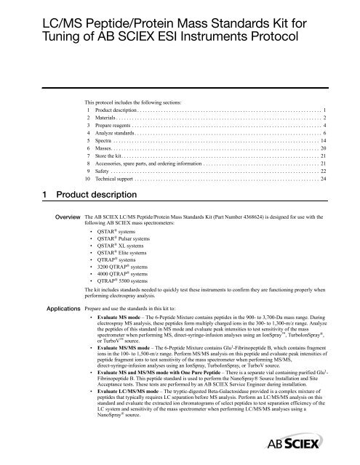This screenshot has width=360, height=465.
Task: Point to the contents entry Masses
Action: pos(106,155)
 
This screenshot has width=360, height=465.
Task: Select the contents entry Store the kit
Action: pos(111,166)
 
